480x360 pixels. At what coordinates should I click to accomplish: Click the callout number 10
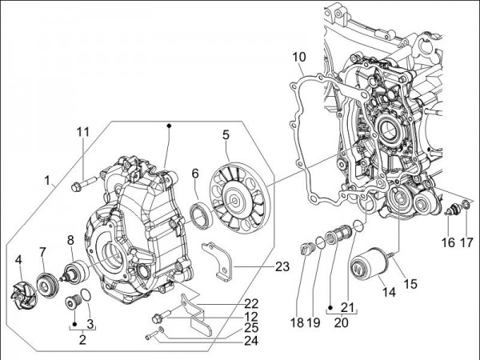point(298,57)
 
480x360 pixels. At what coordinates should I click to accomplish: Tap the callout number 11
point(84,132)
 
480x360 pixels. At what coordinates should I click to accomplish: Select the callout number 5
point(226,136)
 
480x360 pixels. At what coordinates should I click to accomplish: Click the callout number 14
point(389,293)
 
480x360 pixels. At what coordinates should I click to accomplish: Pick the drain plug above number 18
point(304,250)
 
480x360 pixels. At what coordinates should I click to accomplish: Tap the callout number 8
point(70,239)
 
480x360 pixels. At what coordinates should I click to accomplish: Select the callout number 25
point(251,328)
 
